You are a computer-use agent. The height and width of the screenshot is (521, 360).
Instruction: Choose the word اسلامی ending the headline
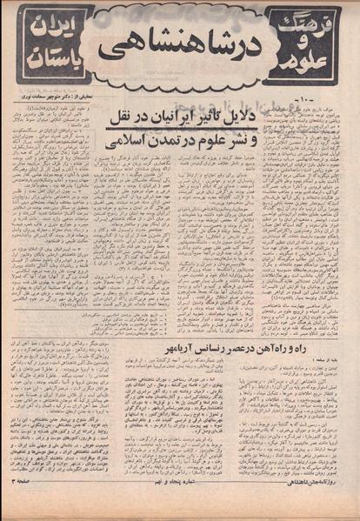(123, 136)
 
